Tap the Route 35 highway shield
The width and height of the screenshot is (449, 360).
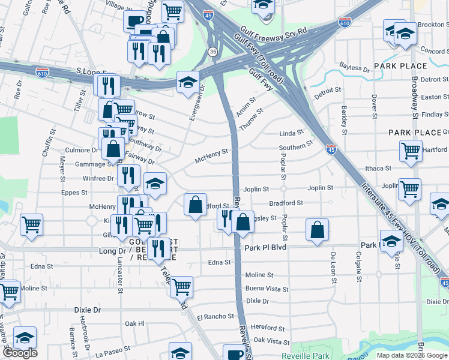click(212, 52)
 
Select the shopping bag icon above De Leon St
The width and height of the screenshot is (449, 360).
click(317, 230)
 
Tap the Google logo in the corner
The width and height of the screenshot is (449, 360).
click(20, 353)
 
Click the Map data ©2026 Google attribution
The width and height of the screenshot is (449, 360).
click(412, 355)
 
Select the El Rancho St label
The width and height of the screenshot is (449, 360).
click(215, 316)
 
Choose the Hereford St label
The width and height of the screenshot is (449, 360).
click(268, 328)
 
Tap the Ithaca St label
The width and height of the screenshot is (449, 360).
click(379, 169)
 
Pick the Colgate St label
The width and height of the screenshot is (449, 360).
click(358, 266)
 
